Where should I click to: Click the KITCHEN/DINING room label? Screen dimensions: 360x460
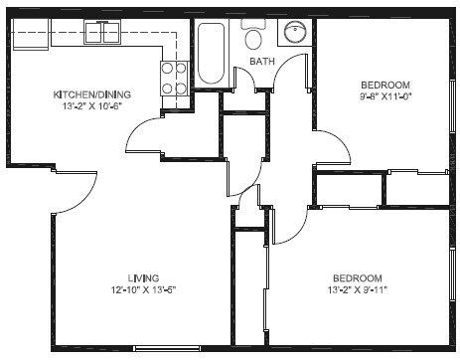click(x=91, y=94)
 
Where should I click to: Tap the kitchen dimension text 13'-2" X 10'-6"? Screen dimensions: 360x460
click(x=91, y=106)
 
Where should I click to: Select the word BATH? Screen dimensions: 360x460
click(x=262, y=62)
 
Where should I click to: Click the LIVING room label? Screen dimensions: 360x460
click(x=144, y=277)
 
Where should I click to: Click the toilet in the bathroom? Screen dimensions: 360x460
click(x=253, y=38)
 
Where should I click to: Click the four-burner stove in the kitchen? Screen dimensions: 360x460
click(x=175, y=78)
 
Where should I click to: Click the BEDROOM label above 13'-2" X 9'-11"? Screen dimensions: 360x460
click(x=358, y=277)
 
